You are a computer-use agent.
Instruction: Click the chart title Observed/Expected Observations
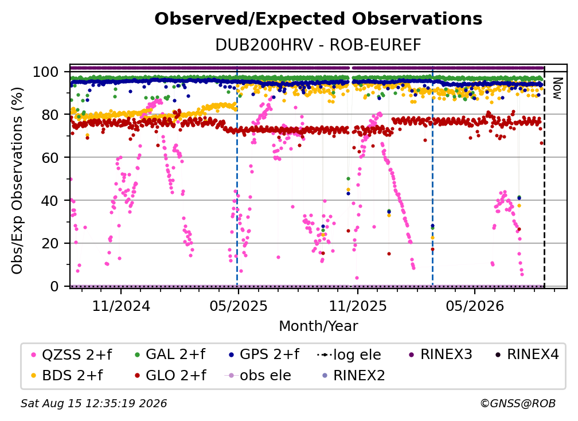318,19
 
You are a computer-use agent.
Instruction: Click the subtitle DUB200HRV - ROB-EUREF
318,45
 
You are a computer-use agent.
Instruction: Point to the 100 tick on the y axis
46,72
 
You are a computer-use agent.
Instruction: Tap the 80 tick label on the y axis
50,115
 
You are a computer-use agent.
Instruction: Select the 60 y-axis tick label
50,157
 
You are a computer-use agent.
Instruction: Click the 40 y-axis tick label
50,201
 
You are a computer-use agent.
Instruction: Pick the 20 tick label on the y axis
50,243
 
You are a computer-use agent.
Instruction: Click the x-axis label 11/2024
121,306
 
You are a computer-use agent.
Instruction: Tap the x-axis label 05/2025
239,306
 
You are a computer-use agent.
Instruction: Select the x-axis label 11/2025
358,306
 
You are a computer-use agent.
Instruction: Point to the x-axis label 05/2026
475,306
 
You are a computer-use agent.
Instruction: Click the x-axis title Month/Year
318,326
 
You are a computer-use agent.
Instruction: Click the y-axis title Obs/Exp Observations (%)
17,180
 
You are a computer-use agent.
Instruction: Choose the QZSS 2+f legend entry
72,354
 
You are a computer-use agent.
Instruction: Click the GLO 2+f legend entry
170,375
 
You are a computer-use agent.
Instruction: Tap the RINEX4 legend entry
527,354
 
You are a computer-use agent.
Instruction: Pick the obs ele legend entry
258,375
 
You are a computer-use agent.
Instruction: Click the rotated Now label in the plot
557,88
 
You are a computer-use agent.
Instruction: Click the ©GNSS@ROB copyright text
518,403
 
